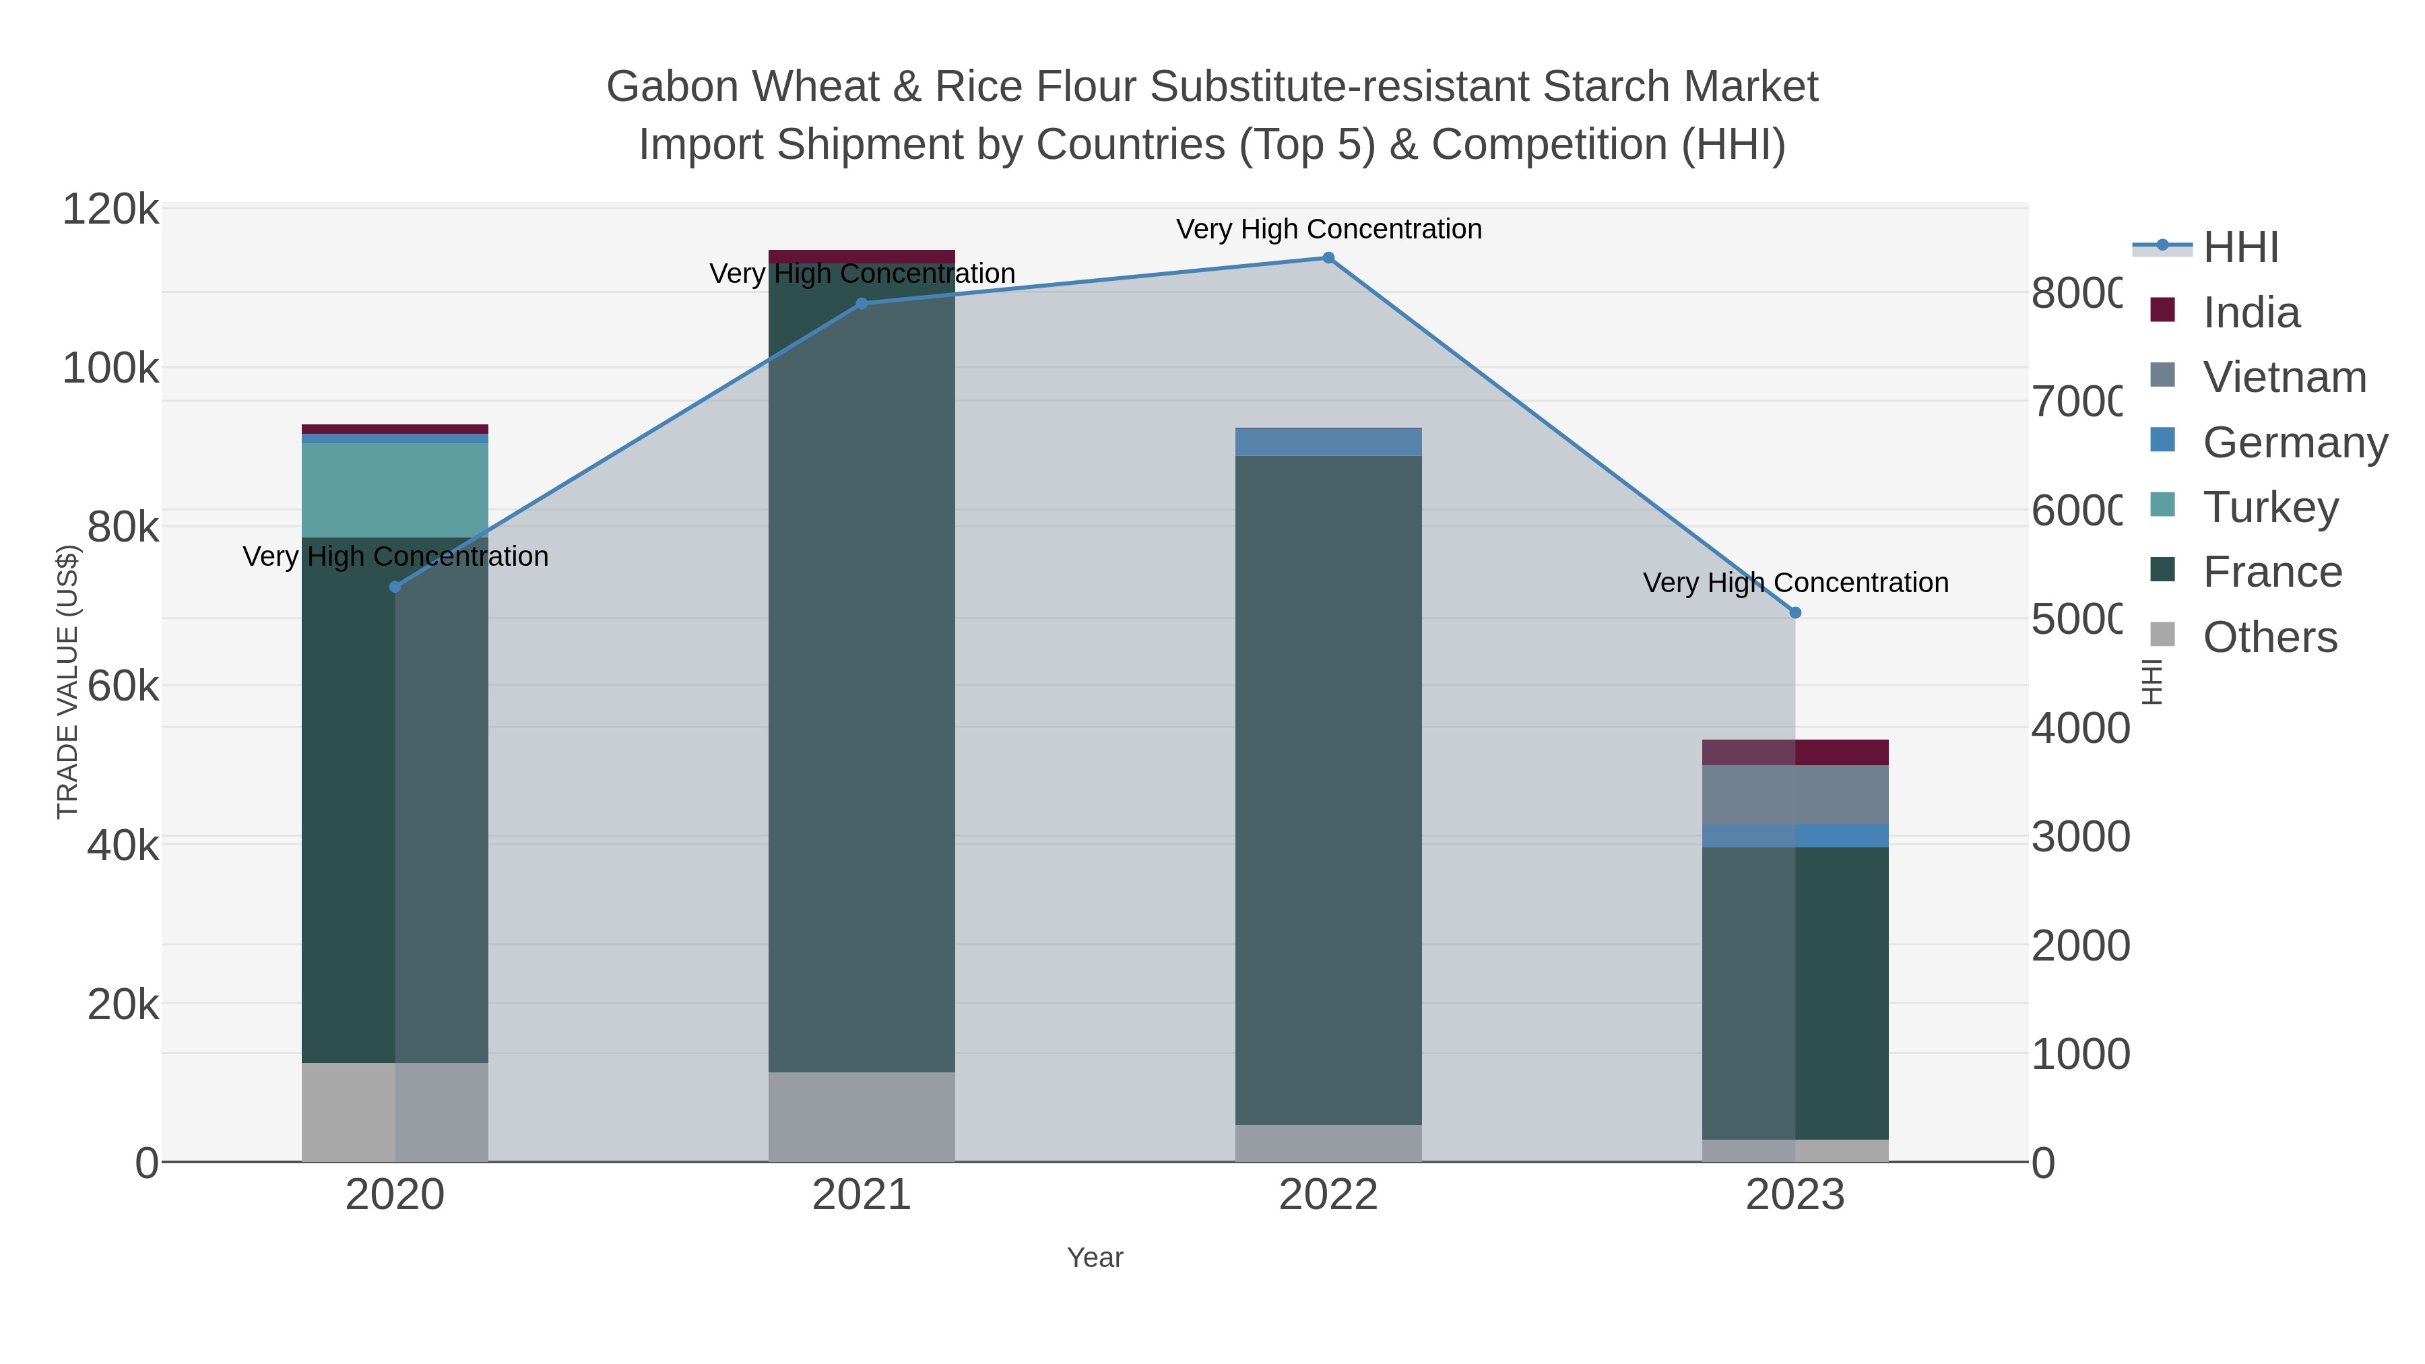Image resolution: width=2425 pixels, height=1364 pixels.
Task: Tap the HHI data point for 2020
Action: [395, 587]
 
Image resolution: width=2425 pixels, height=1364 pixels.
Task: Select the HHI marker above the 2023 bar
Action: [1795, 613]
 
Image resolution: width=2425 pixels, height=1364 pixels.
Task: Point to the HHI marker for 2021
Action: [862, 303]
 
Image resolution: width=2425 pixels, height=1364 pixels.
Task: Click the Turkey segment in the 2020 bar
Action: [395, 490]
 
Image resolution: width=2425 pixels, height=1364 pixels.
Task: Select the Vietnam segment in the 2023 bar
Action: [1795, 795]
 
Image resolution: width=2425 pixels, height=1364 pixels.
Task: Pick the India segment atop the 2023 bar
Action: [1795, 752]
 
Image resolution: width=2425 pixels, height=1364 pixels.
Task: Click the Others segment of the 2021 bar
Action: [862, 1116]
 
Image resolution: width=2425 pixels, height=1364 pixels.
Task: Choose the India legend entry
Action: [2251, 313]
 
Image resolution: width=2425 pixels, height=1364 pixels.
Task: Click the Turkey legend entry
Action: [2269, 507]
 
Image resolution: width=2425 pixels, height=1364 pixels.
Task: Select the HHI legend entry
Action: [2240, 248]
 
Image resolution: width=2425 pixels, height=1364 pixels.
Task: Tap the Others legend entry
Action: [2269, 637]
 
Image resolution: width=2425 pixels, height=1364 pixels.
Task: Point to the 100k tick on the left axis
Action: [111, 368]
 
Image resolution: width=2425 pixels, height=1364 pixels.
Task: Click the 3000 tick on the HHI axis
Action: [2079, 837]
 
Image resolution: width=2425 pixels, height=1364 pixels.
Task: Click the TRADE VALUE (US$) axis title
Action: [68, 682]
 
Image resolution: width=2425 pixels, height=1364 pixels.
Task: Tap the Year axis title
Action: [1095, 1258]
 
